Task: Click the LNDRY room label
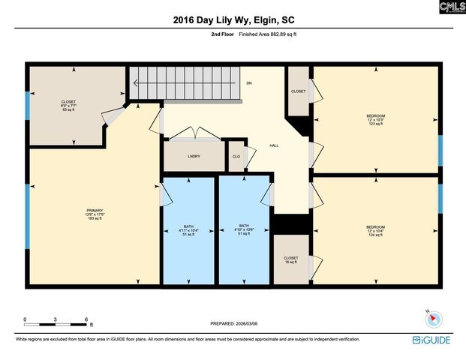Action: pyautogui.click(x=194, y=156)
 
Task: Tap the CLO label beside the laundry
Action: pyautogui.click(x=236, y=156)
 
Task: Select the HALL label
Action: pyautogui.click(x=274, y=145)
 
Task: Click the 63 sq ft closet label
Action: pyautogui.click(x=69, y=106)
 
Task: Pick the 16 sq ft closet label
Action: pyautogui.click(x=291, y=260)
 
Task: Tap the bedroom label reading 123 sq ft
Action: pyautogui.click(x=375, y=119)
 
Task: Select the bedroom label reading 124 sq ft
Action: pyautogui.click(x=375, y=230)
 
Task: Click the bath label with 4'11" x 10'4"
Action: pyautogui.click(x=189, y=229)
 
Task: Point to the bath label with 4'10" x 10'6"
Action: pyautogui.click(x=244, y=229)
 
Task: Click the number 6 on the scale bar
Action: pyautogui.click(x=87, y=319)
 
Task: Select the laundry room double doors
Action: pyautogui.click(x=194, y=135)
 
